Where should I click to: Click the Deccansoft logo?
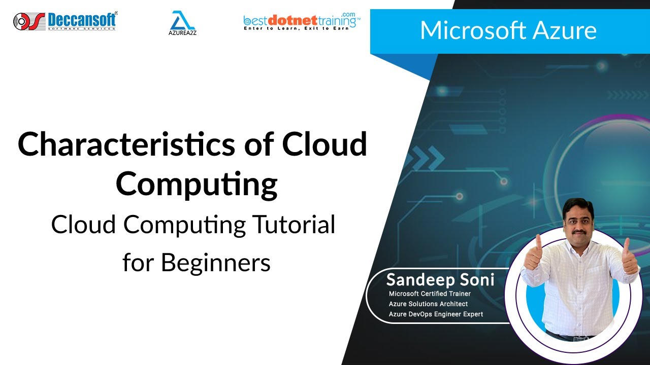click(x=64, y=21)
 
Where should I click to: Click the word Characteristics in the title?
click(x=126, y=145)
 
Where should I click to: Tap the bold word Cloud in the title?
click(x=324, y=144)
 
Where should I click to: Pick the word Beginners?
click(x=216, y=263)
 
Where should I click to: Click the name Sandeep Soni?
click(x=440, y=279)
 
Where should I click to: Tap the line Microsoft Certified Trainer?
click(x=430, y=294)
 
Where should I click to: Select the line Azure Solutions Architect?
click(x=428, y=304)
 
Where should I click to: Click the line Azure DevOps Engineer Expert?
click(x=436, y=314)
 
